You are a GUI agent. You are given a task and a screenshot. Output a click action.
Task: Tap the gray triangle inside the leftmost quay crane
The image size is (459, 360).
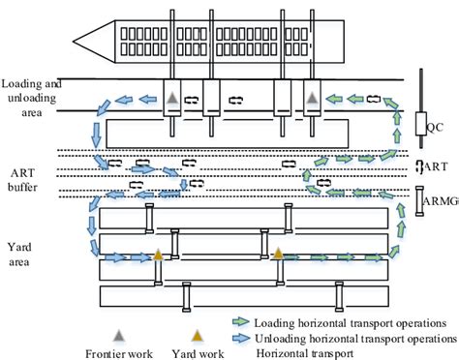coord(170,99)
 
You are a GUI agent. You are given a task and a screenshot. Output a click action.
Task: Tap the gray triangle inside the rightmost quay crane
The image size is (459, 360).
coord(311,99)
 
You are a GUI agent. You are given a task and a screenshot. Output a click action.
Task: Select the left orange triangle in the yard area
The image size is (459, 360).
coord(158,256)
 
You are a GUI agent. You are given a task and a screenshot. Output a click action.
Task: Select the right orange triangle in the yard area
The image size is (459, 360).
coord(278,255)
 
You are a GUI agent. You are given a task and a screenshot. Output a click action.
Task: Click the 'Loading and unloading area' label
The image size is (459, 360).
coord(31,91)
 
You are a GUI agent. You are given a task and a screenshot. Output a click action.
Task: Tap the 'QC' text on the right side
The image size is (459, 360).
coord(436,127)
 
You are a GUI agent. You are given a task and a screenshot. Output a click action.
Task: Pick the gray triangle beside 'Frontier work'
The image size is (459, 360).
coord(119,334)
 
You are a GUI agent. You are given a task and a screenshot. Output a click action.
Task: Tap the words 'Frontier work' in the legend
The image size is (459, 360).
coord(119,352)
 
